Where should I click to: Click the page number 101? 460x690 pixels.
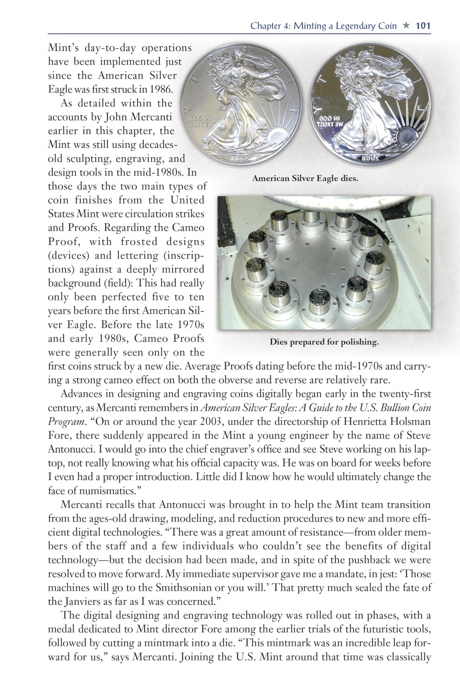pos(423,26)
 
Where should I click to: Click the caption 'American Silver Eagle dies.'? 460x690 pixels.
pos(305,178)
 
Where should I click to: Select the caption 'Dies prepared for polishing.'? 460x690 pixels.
pos(324,342)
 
